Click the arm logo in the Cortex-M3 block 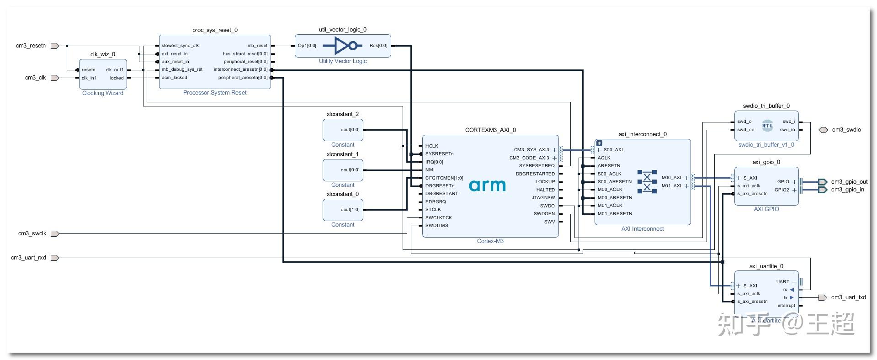[x=487, y=185]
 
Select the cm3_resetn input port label [x=31, y=46]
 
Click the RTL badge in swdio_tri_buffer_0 [x=768, y=126]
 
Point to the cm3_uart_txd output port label [x=848, y=297]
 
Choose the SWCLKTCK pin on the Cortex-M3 [x=438, y=218]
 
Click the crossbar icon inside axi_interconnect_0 [x=647, y=182]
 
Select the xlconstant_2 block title [x=343, y=114]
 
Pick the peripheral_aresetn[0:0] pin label [x=243, y=78]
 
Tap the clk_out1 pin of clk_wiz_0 [x=115, y=70]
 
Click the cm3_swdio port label [x=846, y=130]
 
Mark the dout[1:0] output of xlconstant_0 [x=350, y=210]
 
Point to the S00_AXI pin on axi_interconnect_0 [x=613, y=150]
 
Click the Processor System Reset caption [x=215, y=93]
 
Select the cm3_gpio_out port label [x=849, y=182]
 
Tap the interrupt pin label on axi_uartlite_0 [x=786, y=306]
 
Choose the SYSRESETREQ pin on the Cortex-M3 [x=537, y=166]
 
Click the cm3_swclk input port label [x=32, y=233]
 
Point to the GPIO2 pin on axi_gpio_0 [x=781, y=190]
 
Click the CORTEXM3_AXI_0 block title [x=490, y=130]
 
